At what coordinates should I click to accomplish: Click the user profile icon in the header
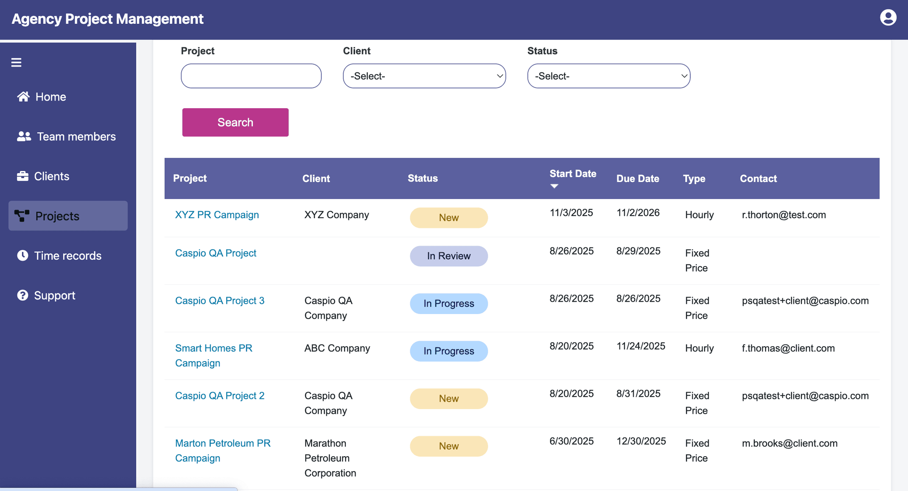coord(888,18)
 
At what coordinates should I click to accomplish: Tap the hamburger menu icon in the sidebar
coord(16,62)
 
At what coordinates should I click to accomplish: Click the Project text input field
coord(251,76)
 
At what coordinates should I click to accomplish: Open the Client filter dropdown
coord(424,76)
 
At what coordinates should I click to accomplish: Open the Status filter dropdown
coord(608,76)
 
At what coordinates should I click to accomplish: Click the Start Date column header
coord(572,174)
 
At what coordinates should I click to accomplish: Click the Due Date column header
coord(637,179)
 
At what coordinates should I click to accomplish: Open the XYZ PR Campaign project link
coord(217,215)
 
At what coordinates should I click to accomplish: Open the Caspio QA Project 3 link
coord(219,300)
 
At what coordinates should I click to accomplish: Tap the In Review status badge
coord(448,256)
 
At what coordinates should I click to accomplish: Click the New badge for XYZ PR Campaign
coord(448,218)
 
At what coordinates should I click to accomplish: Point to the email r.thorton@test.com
coord(783,215)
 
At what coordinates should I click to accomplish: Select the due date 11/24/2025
coord(640,346)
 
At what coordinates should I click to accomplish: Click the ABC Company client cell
coord(337,348)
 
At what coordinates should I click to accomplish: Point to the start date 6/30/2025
coord(571,441)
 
